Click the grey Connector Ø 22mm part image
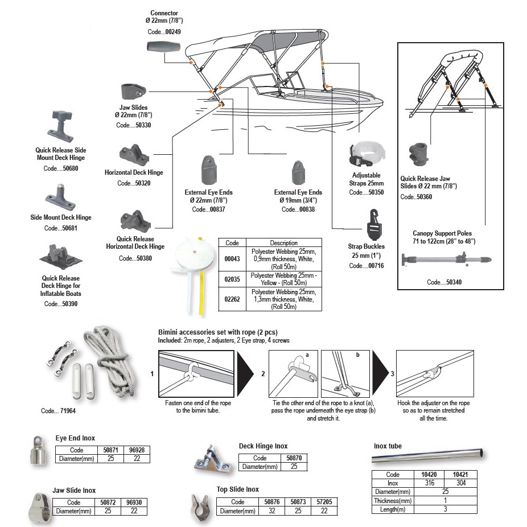tap(164, 46)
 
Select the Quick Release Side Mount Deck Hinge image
tap(60, 127)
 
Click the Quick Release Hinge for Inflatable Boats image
tap(60, 257)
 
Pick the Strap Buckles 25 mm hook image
tap(374, 224)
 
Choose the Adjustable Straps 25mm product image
tap(367, 155)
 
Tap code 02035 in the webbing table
tap(232, 279)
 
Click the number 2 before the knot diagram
tap(263, 374)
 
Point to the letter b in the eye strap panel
tap(357, 355)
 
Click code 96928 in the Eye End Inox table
tap(137, 450)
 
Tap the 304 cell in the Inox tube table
tap(461, 483)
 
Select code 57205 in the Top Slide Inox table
tap(324, 502)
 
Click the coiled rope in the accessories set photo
tap(110, 359)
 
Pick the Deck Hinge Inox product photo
tap(213, 460)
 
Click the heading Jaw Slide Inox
tap(74, 491)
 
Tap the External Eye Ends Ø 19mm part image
tap(298, 173)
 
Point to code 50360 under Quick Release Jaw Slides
tap(423, 197)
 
